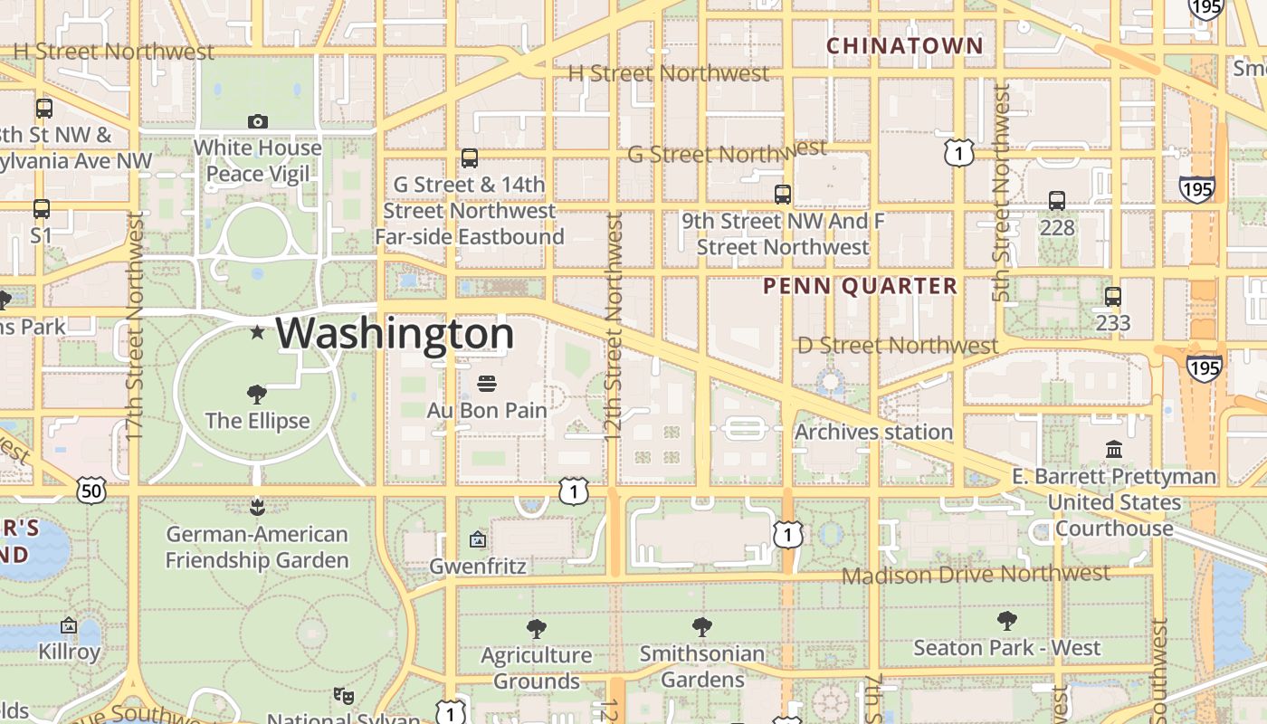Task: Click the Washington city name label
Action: point(395,334)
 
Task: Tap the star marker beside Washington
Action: point(258,332)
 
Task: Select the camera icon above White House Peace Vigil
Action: point(258,121)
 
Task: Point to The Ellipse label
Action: point(257,421)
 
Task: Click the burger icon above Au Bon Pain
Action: point(487,384)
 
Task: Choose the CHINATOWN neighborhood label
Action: point(905,45)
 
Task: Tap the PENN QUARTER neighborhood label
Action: point(860,287)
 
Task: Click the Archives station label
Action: point(874,433)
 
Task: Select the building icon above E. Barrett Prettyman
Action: point(1114,449)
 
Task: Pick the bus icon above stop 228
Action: point(1057,201)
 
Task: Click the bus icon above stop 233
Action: point(1113,297)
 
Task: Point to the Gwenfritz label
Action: point(478,567)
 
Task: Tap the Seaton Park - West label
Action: point(1007,648)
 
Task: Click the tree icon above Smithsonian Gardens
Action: point(702,627)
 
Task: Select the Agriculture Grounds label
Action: point(537,668)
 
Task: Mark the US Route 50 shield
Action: point(92,491)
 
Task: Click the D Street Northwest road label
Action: point(898,346)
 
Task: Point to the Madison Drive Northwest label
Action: point(976,575)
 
